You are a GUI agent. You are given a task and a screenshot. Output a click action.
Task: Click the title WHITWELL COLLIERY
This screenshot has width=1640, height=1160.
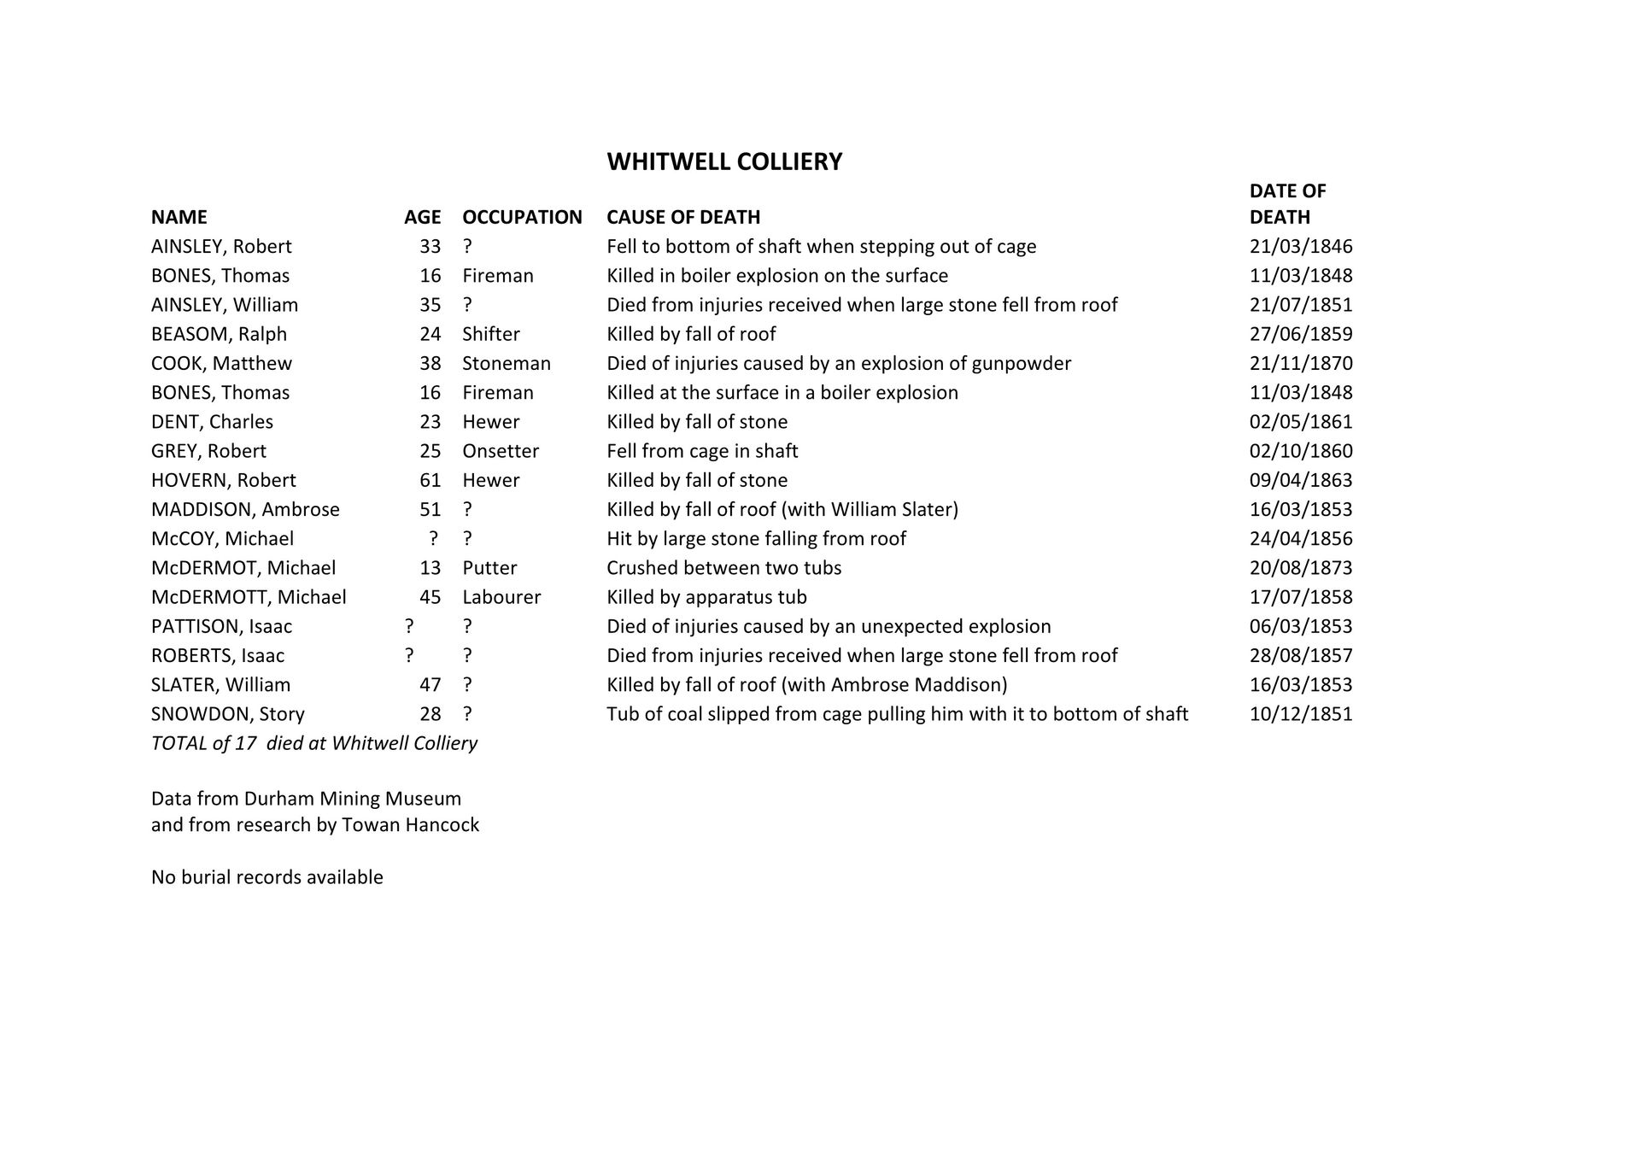[x=724, y=161]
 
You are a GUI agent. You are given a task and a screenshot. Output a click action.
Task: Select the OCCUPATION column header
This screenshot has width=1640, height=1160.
[x=522, y=217]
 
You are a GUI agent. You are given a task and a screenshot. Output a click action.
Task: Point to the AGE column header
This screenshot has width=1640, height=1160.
[x=422, y=217]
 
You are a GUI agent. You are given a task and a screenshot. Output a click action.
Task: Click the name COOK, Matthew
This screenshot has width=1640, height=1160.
[x=221, y=363]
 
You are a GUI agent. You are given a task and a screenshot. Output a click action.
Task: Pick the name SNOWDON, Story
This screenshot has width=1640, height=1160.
[x=227, y=713]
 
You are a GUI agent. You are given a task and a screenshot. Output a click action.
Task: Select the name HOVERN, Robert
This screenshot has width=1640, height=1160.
[x=223, y=480]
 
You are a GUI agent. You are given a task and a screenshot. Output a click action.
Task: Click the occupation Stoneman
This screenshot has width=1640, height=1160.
[x=507, y=363]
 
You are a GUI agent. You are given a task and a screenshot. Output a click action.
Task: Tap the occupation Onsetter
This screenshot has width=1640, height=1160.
[x=501, y=451]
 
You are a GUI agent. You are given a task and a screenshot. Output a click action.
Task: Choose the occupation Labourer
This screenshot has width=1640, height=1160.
[x=501, y=597]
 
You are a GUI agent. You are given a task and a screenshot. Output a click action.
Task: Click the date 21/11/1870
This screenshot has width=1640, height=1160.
[x=1300, y=363]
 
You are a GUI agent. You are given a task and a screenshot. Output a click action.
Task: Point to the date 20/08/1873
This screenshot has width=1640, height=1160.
[x=1300, y=568]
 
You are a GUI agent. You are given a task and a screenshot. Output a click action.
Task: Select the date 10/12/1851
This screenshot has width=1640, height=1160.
[x=1300, y=713]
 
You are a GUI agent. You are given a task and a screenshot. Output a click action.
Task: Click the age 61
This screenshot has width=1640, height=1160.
[x=430, y=480]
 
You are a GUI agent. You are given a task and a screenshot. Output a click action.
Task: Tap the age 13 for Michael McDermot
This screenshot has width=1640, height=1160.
[x=430, y=568]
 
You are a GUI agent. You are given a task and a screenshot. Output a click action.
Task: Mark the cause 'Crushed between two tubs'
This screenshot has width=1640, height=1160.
[x=723, y=568]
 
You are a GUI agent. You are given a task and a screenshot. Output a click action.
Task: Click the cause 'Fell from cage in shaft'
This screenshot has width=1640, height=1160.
[x=702, y=451]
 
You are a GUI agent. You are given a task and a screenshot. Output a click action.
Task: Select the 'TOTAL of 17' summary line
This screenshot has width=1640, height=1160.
[x=313, y=743]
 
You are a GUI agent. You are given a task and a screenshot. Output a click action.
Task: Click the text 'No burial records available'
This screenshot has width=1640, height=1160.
[x=266, y=877]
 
